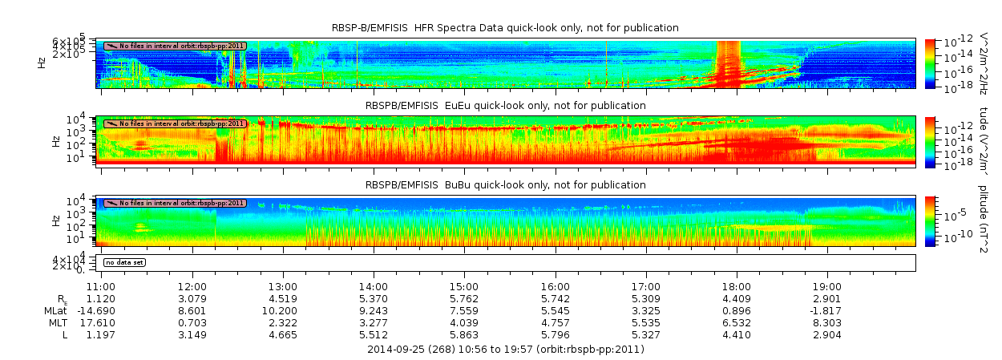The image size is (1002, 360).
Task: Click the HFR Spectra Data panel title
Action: [x=505, y=28]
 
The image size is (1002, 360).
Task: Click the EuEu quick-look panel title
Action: [x=505, y=105]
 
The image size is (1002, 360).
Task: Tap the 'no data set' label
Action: [x=125, y=262]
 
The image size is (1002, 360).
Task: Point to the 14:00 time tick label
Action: [x=374, y=286]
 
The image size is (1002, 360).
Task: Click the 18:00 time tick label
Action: [x=737, y=286]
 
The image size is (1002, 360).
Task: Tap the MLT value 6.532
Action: [x=737, y=322]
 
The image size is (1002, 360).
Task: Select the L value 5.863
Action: [x=464, y=334]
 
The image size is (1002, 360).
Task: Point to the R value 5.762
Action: [x=464, y=298]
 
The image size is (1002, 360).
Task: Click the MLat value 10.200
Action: [x=283, y=310]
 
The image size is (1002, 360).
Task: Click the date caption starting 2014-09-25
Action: [x=505, y=349]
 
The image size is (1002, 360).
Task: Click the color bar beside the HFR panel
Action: [x=930, y=63]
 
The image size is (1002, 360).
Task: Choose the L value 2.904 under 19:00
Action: [x=827, y=334]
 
